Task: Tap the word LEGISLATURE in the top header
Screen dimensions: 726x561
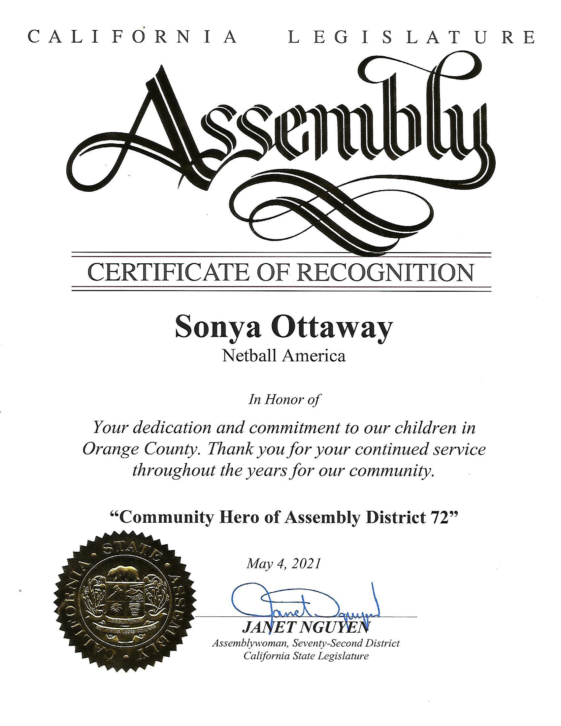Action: coord(411,37)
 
